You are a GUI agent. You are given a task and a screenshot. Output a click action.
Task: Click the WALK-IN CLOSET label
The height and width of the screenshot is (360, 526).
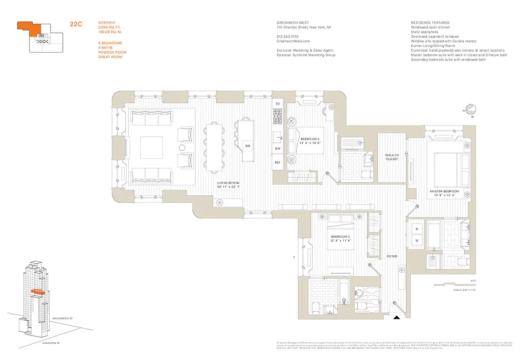coord(391,157)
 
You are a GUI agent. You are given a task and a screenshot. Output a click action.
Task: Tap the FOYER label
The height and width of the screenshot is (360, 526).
coord(391,256)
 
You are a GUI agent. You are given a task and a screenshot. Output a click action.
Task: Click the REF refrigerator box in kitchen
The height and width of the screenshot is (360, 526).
coord(278,162)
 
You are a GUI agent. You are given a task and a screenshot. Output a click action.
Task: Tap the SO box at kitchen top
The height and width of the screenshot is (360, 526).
coord(278,103)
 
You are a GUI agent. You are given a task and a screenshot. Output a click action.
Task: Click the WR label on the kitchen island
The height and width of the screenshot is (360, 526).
coord(247,146)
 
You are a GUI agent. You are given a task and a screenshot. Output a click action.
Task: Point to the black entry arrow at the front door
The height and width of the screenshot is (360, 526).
coord(396,317)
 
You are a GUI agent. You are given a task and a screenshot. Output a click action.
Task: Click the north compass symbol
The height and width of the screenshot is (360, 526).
coord(471,110)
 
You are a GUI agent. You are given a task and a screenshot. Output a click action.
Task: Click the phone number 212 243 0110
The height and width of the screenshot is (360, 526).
coord(288,36)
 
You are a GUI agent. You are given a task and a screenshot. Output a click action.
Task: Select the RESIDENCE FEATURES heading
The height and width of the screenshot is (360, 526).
coord(430,22)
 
